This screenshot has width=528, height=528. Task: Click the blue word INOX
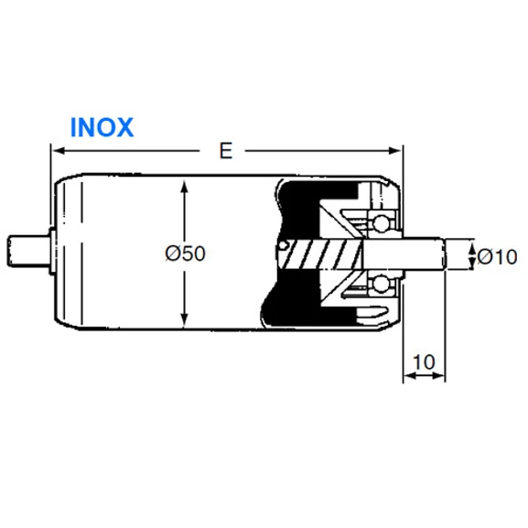(102, 127)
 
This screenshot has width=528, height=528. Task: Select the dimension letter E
(226, 150)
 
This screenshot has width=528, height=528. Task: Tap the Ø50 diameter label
(185, 253)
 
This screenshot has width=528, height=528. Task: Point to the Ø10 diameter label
(498, 257)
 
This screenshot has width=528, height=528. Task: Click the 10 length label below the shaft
(424, 362)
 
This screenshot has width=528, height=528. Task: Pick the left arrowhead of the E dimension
(58, 150)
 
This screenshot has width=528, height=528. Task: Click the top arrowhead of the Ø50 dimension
(184, 188)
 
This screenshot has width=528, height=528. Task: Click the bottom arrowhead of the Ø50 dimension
(184, 320)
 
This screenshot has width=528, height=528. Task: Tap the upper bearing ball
(380, 223)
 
